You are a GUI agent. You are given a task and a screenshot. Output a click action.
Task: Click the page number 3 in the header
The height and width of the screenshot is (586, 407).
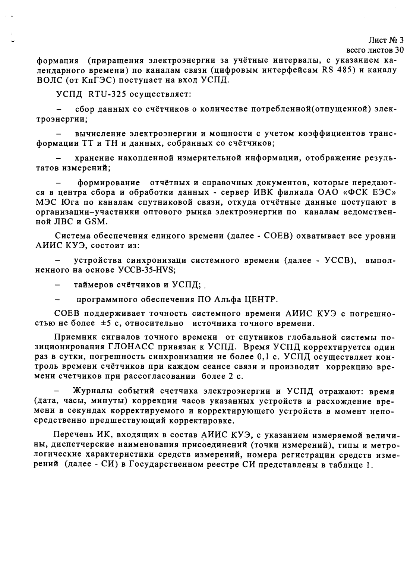pos(401,40)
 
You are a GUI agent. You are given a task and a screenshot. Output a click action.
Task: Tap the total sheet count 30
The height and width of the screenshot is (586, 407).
pos(399,50)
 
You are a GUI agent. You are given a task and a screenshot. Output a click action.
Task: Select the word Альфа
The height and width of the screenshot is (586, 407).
pos(224,299)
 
